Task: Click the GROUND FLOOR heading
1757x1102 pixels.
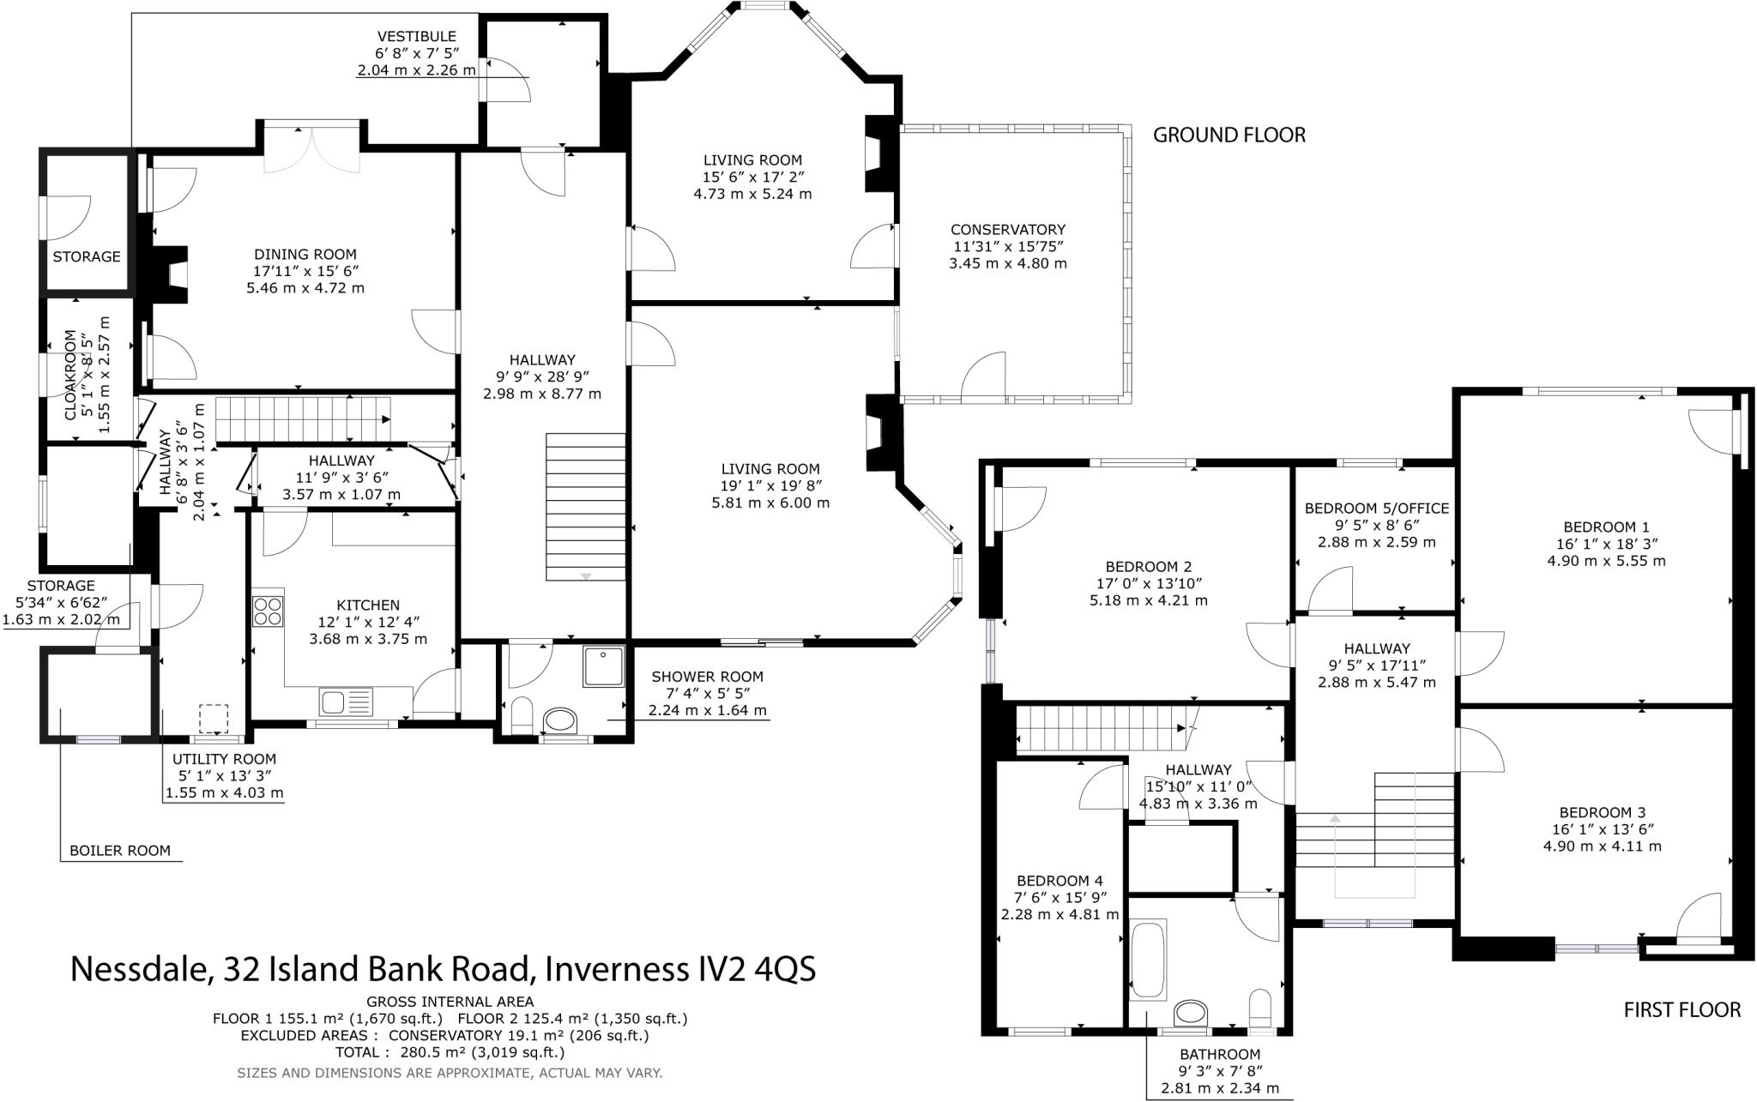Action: [1229, 135]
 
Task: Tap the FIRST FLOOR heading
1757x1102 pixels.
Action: [1682, 1010]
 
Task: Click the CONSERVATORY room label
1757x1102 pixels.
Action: [1007, 230]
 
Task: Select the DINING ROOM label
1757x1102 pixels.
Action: [305, 255]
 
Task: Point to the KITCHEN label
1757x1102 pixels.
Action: [367, 605]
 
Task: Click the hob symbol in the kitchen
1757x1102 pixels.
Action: [268, 610]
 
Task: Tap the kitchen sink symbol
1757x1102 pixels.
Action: [346, 702]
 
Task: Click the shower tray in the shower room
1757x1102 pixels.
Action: [603, 666]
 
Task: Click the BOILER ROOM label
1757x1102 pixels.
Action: [119, 851]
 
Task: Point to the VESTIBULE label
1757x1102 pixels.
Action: [417, 37]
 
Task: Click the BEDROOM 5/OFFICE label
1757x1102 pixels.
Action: [1376, 509]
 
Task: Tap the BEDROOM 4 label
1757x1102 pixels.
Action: [1060, 881]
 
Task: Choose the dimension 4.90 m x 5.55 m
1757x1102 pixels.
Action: [1605, 561]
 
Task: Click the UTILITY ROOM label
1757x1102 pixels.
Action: [224, 759]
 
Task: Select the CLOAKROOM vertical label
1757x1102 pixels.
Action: [72, 375]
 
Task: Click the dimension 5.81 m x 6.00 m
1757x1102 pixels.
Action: [770, 503]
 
